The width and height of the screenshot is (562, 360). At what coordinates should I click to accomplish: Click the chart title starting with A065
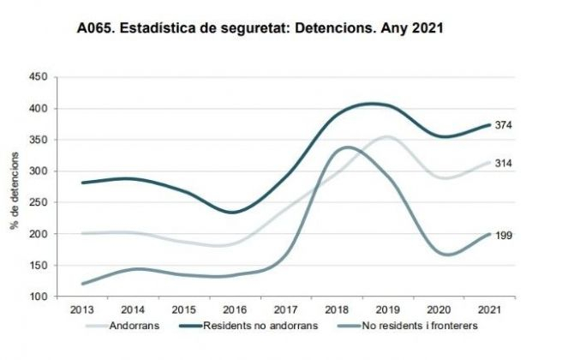click(x=260, y=31)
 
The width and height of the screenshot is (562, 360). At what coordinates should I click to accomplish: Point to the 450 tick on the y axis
click(x=37, y=77)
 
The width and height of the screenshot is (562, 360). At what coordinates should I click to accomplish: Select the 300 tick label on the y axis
click(x=37, y=171)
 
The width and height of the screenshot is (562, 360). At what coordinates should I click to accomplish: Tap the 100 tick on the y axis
click(x=37, y=297)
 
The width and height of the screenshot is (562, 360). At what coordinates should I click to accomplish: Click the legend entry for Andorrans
click(x=128, y=325)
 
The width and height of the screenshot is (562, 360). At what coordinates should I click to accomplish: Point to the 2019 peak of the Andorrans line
click(x=387, y=136)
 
